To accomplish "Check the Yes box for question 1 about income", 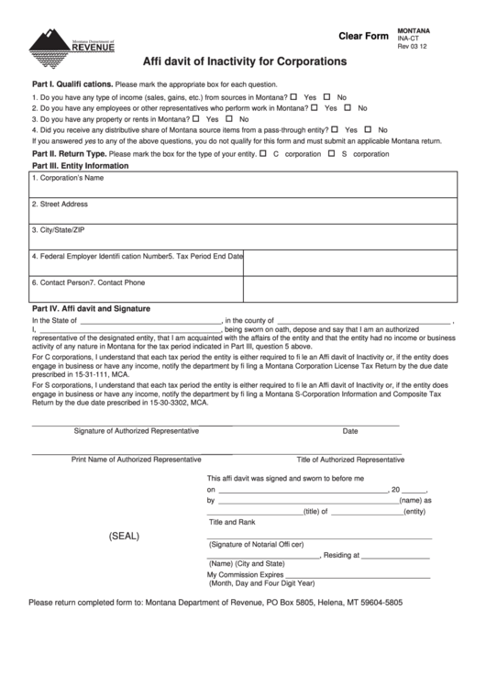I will [295, 95].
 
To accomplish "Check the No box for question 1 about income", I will [327, 95].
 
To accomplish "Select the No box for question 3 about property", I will [231, 118].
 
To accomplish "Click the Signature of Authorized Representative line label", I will [136, 430].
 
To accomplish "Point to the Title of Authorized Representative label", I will [362, 459].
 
